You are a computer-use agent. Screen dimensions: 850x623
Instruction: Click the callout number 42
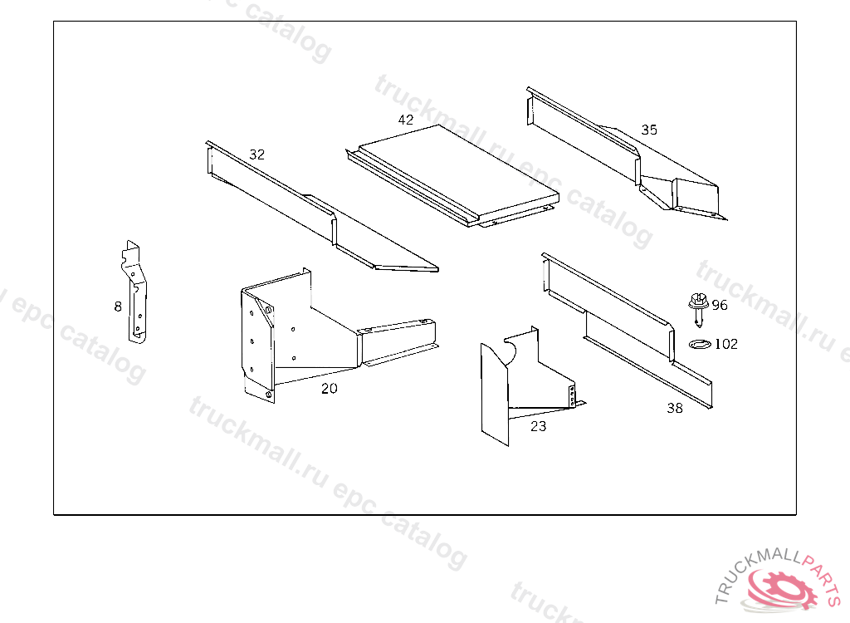pos(405,120)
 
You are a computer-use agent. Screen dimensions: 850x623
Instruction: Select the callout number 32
pos(257,155)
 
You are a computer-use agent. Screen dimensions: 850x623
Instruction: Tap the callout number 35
pos(649,130)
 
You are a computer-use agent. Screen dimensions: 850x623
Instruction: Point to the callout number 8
pos(118,307)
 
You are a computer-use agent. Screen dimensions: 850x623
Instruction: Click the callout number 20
pos(329,389)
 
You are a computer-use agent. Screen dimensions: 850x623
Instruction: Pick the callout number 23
pos(538,427)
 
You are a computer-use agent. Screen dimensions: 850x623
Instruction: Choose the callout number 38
pos(675,408)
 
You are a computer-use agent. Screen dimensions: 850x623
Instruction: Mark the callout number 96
pos(720,305)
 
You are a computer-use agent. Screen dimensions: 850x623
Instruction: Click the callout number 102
pos(726,344)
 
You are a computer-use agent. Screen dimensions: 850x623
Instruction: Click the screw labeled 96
pos(698,309)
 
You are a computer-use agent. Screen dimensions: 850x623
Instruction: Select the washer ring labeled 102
pos(699,344)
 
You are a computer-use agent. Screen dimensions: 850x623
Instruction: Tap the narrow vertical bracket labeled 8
pos(135,293)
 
